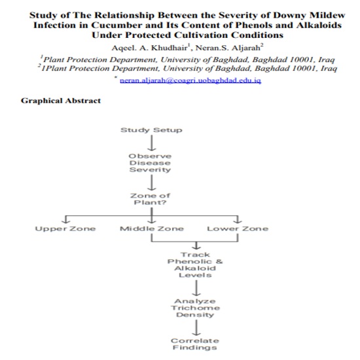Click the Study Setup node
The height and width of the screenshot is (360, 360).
pos(151,130)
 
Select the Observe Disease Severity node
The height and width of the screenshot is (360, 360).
pos(150,162)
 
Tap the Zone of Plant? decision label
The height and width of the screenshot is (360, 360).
pos(151,199)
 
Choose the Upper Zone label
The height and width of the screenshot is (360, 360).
pos(65,228)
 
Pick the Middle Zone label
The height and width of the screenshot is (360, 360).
pos(151,228)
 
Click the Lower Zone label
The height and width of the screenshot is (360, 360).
pos(237,228)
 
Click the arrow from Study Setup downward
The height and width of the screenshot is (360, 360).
pos(151,142)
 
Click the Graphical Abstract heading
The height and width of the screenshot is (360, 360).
pos(61,101)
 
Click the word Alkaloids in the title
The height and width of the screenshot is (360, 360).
pos(317,25)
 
